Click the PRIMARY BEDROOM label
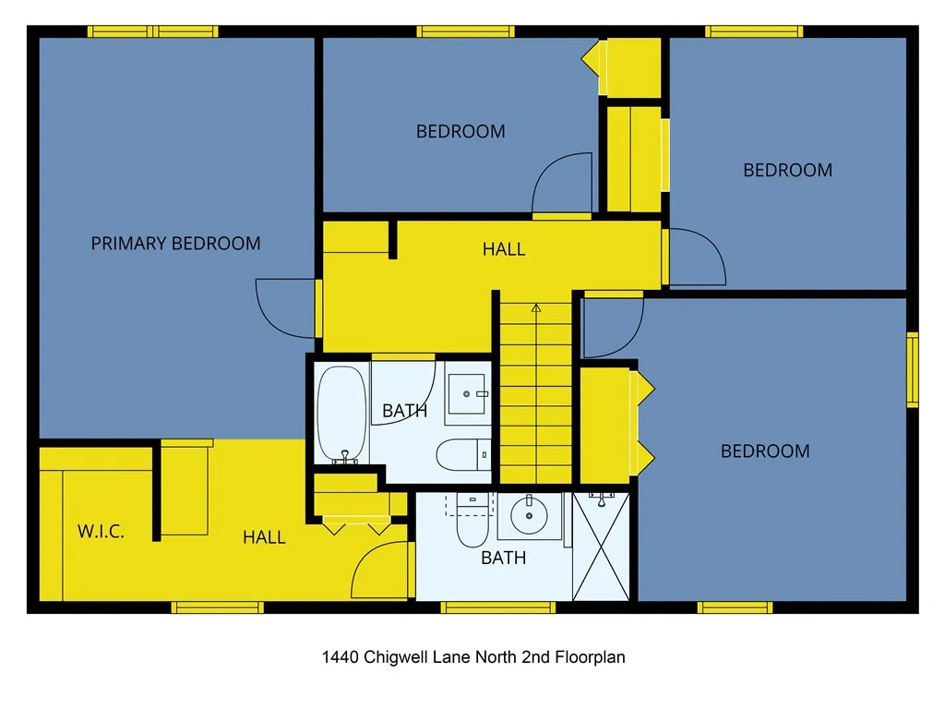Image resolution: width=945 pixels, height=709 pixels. click(175, 244)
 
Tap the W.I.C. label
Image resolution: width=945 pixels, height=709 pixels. click(101, 532)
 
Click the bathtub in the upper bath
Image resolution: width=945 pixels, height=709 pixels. click(342, 414)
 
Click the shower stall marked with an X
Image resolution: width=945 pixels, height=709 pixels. click(601, 548)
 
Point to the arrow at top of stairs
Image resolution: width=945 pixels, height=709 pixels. click(536, 308)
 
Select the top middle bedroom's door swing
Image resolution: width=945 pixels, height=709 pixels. click(563, 183)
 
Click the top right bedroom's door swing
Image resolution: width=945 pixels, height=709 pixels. click(696, 257)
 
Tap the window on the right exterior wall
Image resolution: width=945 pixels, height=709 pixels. click(912, 370)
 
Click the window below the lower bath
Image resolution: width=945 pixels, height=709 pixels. click(497, 607)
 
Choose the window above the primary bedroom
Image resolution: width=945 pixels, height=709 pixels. click(153, 31)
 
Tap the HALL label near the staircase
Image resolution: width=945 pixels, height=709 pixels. click(504, 249)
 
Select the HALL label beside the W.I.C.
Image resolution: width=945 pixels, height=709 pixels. click(264, 537)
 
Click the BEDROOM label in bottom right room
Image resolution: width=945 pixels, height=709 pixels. click(765, 451)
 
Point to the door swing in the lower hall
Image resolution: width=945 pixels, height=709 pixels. click(380, 571)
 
